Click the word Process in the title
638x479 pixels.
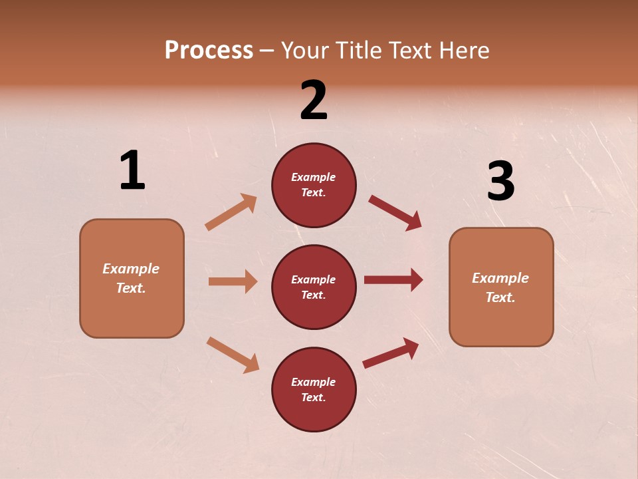pos(209,51)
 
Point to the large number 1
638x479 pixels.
pos(132,171)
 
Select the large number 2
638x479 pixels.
pos(314,100)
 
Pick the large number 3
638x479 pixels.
pos(500,182)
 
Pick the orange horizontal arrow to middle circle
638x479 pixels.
pos(233,281)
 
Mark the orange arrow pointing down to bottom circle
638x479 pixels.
pos(233,355)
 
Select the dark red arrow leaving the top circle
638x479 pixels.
pos(395,212)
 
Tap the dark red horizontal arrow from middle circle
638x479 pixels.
pos(393,280)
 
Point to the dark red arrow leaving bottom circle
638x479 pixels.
pos(391,353)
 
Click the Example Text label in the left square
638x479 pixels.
pos(132,278)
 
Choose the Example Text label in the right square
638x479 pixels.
pos(501,287)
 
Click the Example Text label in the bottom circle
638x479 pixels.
pos(314,390)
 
